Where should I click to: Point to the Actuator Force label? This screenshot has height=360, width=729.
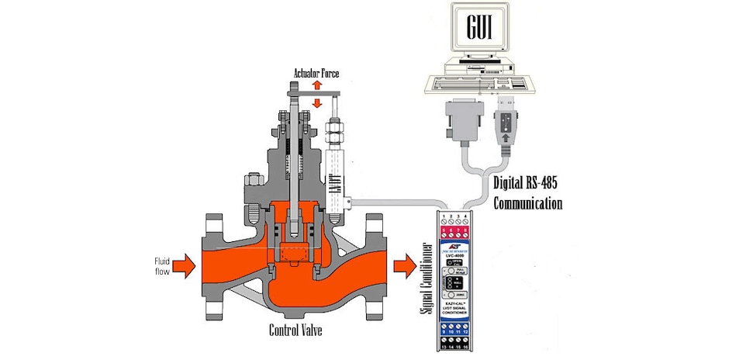pyautogui.click(x=316, y=74)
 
